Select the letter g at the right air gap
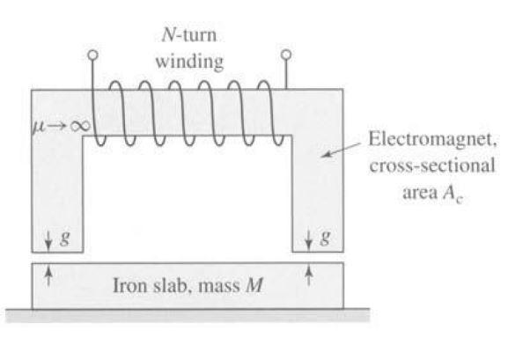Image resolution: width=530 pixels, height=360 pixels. coord(326,237)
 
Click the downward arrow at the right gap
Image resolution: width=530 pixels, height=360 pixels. coord(309,237)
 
